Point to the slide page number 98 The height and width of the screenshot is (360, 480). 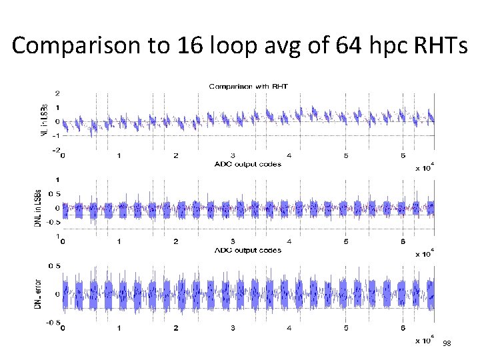pos(447,343)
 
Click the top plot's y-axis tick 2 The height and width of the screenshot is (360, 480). pos(59,93)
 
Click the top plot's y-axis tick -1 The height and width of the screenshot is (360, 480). pos(57,135)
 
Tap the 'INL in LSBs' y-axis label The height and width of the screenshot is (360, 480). pos(45,120)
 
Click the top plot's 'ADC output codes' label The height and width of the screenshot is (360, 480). pos(247,164)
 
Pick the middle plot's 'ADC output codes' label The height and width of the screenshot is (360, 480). pos(247,250)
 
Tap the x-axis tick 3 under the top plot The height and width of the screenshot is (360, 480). pos(232,156)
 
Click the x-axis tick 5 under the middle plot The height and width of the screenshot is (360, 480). pos(345,242)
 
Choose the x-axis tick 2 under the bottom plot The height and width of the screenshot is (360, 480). pos(175,328)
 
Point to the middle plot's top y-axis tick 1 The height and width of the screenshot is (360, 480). pos(59,179)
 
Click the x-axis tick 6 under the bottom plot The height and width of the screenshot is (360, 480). pos(402,328)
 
